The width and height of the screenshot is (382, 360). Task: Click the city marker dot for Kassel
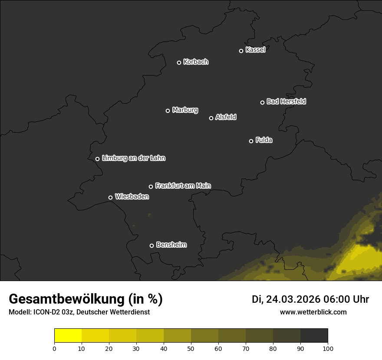(x=241, y=51)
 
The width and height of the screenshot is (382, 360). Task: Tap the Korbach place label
(x=196, y=62)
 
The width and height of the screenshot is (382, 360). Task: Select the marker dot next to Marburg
(x=168, y=111)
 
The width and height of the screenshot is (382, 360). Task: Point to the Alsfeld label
(x=226, y=117)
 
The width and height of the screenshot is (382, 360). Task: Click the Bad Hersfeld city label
(x=286, y=101)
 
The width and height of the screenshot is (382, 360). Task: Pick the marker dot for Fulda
(x=251, y=141)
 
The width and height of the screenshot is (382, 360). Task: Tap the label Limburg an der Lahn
(x=134, y=158)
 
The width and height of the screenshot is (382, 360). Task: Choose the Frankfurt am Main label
(x=183, y=186)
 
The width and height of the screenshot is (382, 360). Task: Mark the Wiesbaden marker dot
(x=110, y=197)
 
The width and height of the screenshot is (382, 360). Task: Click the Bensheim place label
(x=171, y=245)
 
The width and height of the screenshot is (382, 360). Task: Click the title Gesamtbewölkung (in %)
(x=86, y=299)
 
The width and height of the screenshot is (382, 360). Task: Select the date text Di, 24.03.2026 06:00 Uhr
(x=310, y=299)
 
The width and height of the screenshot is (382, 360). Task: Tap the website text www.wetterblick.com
(x=313, y=312)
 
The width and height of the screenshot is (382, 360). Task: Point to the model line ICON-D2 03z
(x=79, y=312)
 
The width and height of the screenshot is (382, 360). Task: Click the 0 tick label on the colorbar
(x=54, y=348)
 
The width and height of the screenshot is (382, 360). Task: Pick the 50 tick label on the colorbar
(x=191, y=348)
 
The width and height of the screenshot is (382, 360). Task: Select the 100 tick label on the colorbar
(x=328, y=348)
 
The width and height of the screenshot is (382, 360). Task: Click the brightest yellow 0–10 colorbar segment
(x=68, y=335)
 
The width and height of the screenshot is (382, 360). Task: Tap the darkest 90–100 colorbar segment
(x=314, y=335)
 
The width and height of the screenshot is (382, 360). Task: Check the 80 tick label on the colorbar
(x=273, y=348)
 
